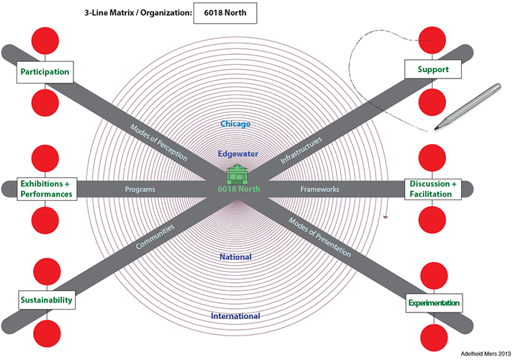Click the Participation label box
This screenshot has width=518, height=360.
click(x=45, y=71)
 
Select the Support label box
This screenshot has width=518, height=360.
click(x=432, y=69)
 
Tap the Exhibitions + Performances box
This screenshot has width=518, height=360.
click(x=46, y=189)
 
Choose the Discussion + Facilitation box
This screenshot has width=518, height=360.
click(x=434, y=189)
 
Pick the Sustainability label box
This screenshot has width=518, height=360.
click(x=46, y=300)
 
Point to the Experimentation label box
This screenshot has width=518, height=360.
click(x=434, y=303)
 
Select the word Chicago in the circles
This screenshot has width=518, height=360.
click(x=235, y=124)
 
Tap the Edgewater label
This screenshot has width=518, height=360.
click(x=238, y=153)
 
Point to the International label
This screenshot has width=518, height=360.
click(x=235, y=316)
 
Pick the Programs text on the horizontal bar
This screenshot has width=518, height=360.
click(x=140, y=189)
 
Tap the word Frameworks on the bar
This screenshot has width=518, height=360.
click(x=319, y=189)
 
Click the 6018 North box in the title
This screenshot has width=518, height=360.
click(x=224, y=13)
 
